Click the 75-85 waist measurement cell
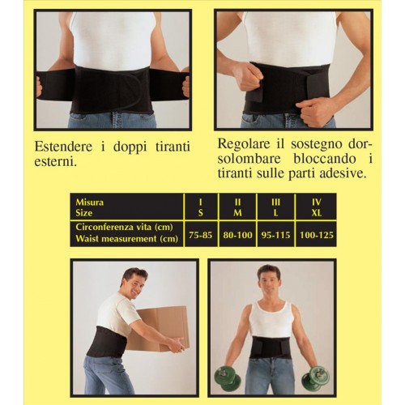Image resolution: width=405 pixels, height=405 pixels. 201,235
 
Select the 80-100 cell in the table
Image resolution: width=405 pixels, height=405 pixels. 237,235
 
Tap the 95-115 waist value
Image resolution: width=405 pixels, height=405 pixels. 275,235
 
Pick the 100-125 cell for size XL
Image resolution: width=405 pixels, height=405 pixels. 317,235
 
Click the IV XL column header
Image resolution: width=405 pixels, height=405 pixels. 317,207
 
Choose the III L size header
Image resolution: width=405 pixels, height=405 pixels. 275,207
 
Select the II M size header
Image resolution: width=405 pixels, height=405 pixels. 237,207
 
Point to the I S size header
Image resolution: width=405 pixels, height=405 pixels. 201,207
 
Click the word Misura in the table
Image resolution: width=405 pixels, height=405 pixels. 90,202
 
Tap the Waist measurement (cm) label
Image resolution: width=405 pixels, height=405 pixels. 126,239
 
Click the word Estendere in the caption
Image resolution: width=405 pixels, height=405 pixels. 63,147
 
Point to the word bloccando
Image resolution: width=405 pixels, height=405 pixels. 325,159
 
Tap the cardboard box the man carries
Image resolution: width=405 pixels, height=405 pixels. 160,328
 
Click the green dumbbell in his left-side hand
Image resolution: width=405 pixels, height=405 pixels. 227,379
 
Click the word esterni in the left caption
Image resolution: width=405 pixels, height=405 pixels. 54,162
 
